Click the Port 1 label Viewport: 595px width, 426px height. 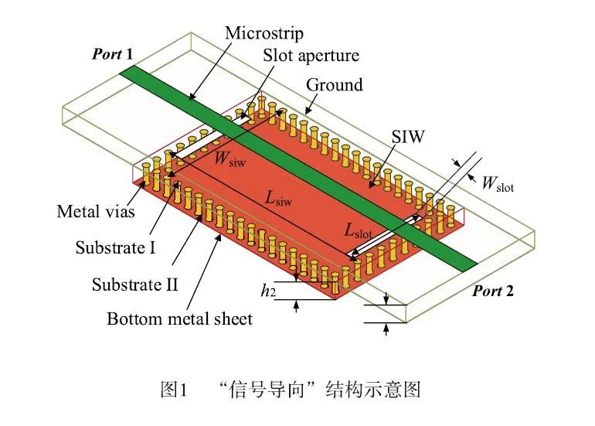113,54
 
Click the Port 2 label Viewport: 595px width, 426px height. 493,291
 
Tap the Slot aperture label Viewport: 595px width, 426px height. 311,56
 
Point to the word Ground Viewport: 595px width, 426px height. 334,84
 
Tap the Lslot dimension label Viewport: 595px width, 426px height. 359,231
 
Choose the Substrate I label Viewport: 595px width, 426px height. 115,248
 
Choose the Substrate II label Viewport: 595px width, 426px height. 134,284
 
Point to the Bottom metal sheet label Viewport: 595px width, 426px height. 179,319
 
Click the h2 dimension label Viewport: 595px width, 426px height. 267,291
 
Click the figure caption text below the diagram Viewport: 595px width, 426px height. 297,389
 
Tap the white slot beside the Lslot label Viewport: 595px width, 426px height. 386,237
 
